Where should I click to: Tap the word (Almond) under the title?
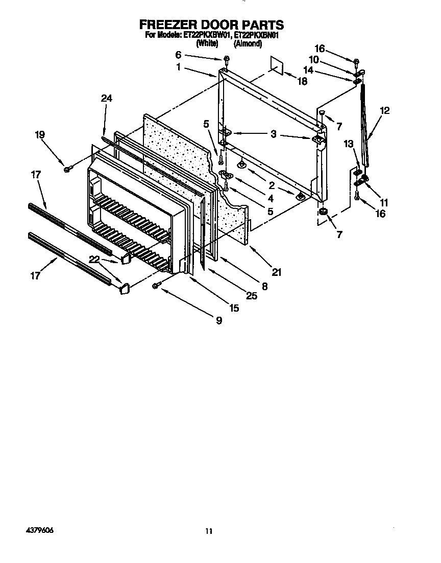(x=248, y=44)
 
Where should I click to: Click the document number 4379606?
(x=38, y=530)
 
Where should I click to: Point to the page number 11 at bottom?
(x=208, y=531)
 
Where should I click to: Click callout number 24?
(x=106, y=99)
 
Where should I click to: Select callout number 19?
(x=40, y=134)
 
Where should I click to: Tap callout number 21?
(x=276, y=272)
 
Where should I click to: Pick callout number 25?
(x=252, y=295)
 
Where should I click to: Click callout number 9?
(x=218, y=320)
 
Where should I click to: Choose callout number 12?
(x=384, y=110)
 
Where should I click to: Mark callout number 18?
(x=302, y=81)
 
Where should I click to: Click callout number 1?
(x=179, y=66)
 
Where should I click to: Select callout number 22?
(x=93, y=260)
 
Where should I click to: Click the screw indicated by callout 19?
(x=67, y=169)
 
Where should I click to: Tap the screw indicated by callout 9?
(x=155, y=287)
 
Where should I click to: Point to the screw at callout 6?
(x=226, y=60)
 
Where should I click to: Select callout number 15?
(x=234, y=308)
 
